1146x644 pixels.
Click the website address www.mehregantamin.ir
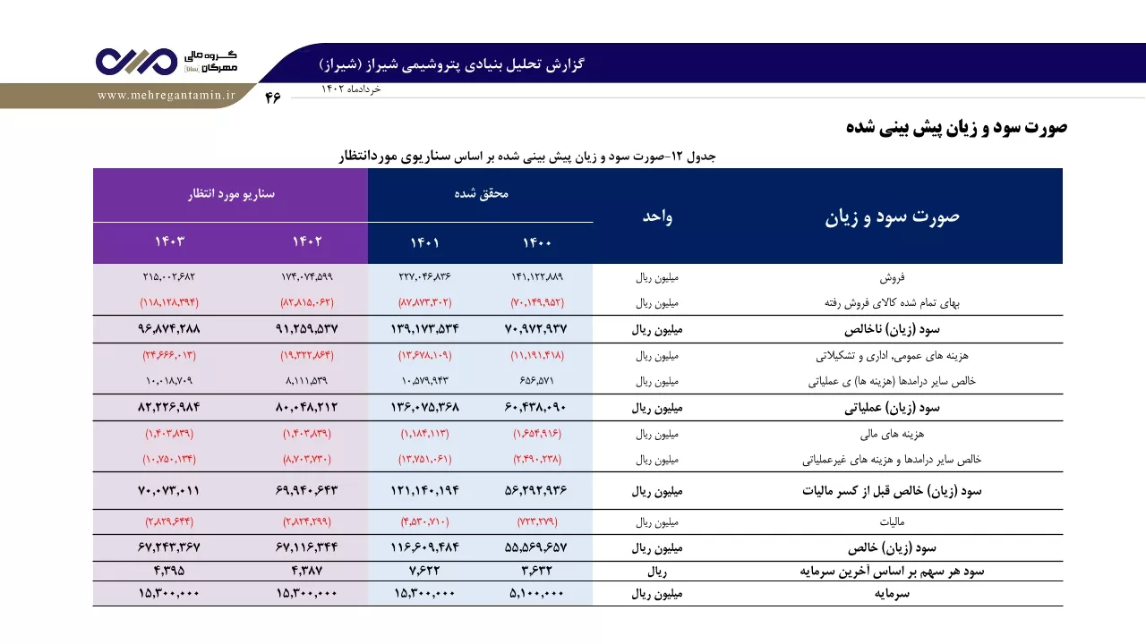(167, 96)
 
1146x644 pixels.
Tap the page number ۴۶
(273, 97)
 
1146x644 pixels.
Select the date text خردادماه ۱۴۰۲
(351, 89)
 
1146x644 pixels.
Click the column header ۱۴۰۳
(169, 241)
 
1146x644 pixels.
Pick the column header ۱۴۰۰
(536, 242)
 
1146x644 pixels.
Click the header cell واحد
(657, 216)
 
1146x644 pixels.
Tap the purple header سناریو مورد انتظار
(231, 194)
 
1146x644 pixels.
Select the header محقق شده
(481, 194)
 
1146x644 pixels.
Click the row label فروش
(893, 277)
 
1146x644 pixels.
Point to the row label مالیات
(893, 521)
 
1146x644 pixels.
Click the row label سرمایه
(893, 594)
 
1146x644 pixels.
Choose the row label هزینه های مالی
(893, 434)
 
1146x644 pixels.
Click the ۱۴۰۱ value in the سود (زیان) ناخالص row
(424, 328)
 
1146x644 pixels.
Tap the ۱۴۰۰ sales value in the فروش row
(537, 277)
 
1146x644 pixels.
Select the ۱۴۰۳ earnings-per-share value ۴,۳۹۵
(169, 571)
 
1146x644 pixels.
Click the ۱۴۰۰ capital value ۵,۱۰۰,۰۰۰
(536, 593)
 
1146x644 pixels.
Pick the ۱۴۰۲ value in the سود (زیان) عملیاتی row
(307, 407)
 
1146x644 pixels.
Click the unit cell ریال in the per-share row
(657, 572)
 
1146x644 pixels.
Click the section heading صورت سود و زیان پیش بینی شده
(957, 127)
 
